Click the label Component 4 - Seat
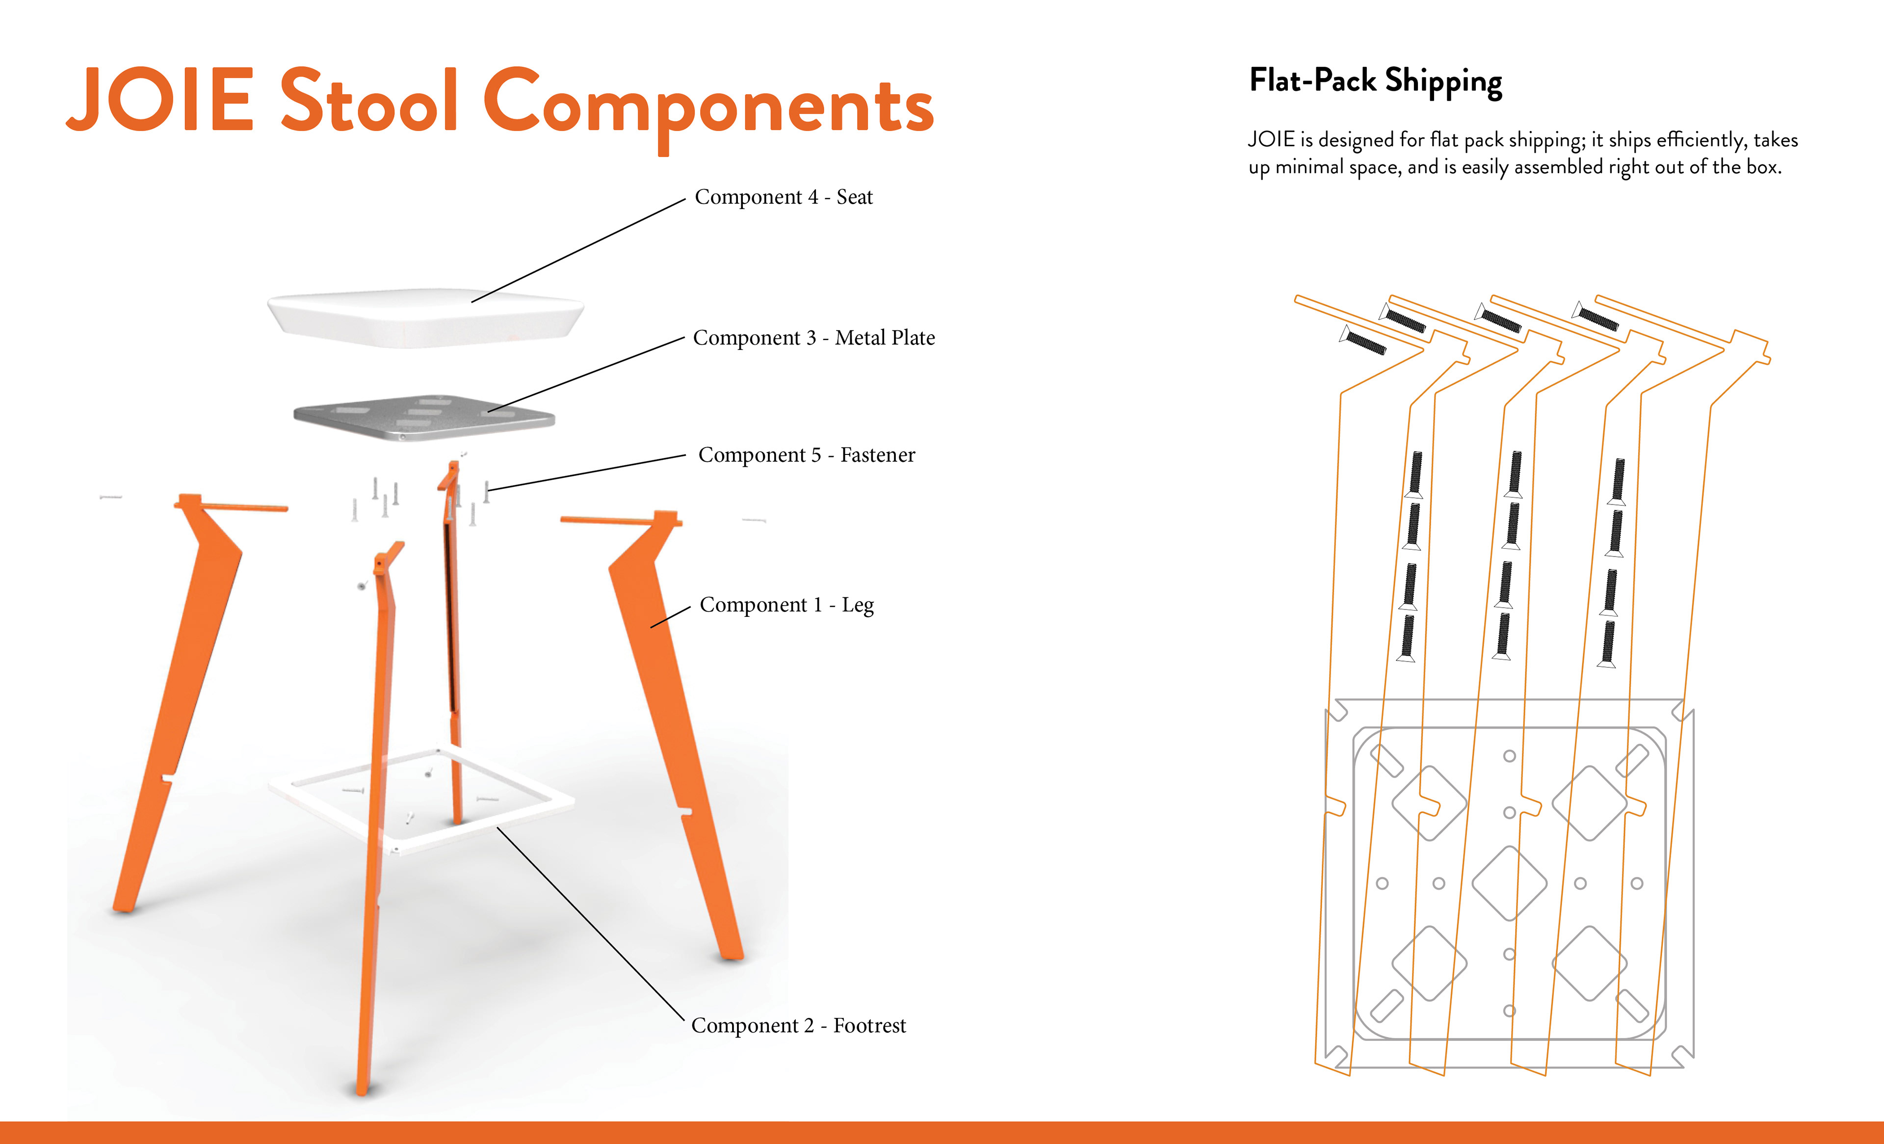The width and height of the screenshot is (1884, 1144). click(x=783, y=197)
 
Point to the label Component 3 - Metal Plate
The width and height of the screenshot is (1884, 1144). click(x=813, y=338)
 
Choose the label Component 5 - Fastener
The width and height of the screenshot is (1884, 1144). click(x=807, y=455)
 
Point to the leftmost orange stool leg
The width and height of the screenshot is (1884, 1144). click(x=183, y=688)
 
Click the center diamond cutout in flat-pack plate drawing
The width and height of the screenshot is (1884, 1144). click(x=1509, y=883)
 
